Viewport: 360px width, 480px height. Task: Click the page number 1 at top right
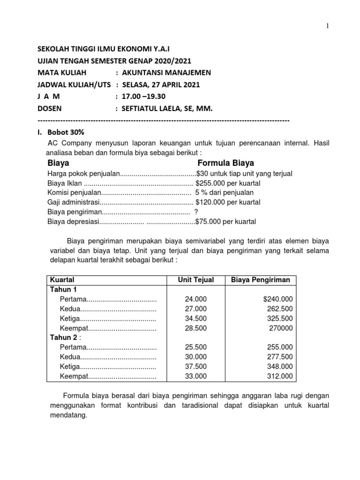(328, 26)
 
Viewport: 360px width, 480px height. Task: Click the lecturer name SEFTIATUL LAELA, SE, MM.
(167, 109)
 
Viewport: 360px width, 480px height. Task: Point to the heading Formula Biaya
(225, 163)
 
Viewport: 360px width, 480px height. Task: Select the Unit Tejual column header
(195, 280)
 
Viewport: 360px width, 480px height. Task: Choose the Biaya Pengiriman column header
(261, 280)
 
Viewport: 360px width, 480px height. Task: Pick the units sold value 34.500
(195, 318)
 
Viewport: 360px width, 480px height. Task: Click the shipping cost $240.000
(278, 299)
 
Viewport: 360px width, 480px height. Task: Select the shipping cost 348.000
(280, 366)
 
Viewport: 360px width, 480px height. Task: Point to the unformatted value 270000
(281, 328)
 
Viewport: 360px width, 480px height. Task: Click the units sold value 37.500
(195, 366)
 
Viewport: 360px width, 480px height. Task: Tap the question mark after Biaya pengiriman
(196, 212)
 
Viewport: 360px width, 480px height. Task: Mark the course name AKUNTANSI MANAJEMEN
(166, 73)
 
